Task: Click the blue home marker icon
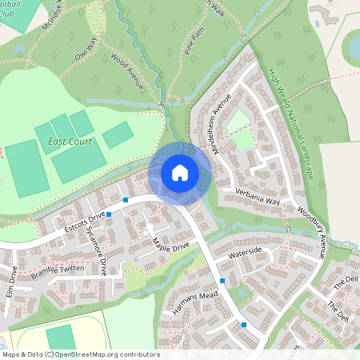(x=179, y=172)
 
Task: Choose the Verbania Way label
(x=257, y=198)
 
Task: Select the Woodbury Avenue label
(x=313, y=233)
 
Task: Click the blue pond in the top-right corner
(x=353, y=48)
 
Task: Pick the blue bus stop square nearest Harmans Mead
(x=222, y=281)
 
